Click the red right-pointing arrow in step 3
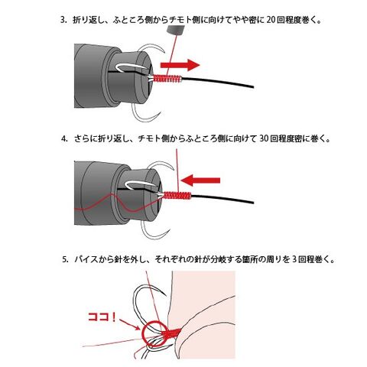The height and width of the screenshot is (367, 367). (x=180, y=65)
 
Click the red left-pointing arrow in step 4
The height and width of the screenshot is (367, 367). (x=200, y=180)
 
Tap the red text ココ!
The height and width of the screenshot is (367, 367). (x=102, y=317)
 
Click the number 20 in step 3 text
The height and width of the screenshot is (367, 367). (x=271, y=20)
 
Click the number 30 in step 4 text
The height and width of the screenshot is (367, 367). (x=264, y=138)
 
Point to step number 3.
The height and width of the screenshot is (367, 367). (x=63, y=20)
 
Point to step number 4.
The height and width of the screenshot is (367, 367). (x=64, y=139)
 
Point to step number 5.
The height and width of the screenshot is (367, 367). (x=65, y=260)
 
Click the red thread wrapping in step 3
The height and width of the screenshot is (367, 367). (x=167, y=79)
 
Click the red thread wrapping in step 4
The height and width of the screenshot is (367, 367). (x=177, y=195)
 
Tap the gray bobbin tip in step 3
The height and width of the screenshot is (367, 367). (x=175, y=30)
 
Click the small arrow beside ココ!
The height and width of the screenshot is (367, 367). (x=129, y=324)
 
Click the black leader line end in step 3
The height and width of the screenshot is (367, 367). (x=253, y=87)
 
